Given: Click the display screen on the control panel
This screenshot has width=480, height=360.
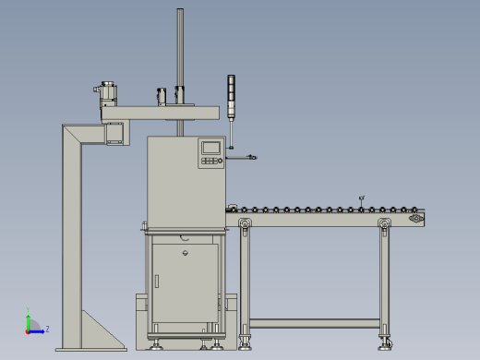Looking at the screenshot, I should [211, 147].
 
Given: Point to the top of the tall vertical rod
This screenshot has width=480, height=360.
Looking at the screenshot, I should [180, 12].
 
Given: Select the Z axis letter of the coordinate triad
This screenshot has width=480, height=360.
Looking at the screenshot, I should [47, 329].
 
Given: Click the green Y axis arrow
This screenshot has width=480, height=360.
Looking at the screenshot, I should [29, 316].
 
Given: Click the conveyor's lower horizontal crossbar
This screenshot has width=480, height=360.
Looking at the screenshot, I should [314, 323].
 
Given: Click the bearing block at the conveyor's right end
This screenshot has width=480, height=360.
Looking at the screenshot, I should [416, 219].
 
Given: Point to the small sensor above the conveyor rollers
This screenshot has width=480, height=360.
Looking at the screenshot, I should [361, 198].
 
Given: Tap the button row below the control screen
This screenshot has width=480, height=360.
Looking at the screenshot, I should [211, 161].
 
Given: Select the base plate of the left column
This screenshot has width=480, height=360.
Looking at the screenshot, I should [90, 349].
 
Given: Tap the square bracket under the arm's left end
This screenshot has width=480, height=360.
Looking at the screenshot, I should [115, 133].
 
